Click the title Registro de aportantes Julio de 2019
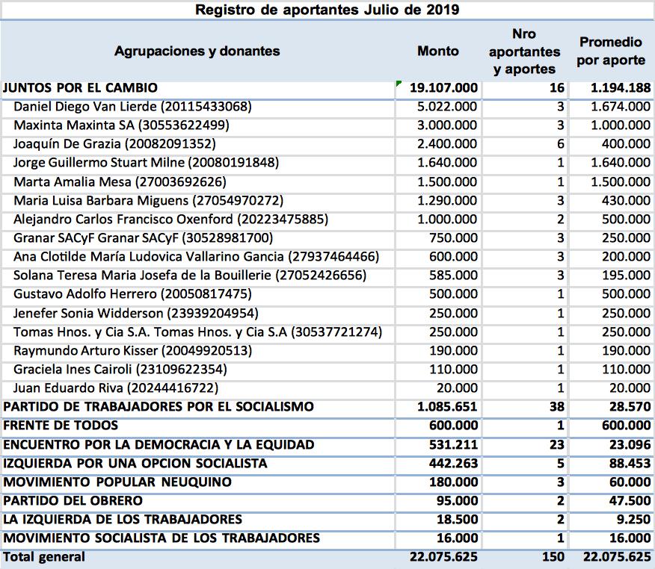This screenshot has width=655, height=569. click(327, 10)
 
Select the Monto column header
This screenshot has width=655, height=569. click(438, 51)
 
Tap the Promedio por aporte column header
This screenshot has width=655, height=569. click(611, 51)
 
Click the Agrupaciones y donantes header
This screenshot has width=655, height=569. click(197, 51)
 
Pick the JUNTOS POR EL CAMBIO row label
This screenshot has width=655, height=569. click(81, 88)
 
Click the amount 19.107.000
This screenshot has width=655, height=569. click(443, 88)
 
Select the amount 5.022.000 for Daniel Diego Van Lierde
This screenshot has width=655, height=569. click(447, 107)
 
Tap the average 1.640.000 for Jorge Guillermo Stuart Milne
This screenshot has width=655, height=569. click(620, 163)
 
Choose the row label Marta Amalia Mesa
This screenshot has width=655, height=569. click(67, 181)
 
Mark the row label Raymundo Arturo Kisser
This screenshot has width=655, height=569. click(78, 350)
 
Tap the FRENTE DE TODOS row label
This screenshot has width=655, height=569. click(61, 426)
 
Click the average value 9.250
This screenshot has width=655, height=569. click(632, 519)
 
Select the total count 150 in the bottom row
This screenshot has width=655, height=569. click(550, 557)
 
